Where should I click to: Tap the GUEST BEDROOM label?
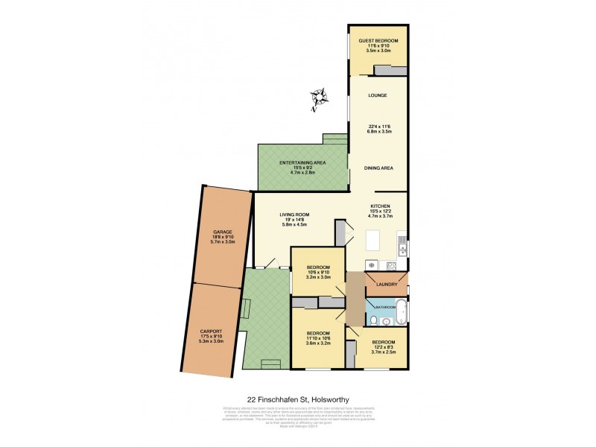[x=378, y=40]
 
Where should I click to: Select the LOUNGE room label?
[x=378, y=95]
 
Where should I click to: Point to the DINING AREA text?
[x=378, y=168]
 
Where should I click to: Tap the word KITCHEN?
[x=381, y=205]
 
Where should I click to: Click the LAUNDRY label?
[x=387, y=285]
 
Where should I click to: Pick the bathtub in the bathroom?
[x=400, y=311]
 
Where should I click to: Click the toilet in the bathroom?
[x=373, y=320]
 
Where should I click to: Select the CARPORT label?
[x=212, y=332]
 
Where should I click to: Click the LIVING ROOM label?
[x=294, y=215]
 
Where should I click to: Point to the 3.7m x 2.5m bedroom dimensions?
[x=384, y=353]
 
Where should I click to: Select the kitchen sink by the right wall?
[x=402, y=241]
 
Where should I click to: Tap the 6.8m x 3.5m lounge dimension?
[x=378, y=131]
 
